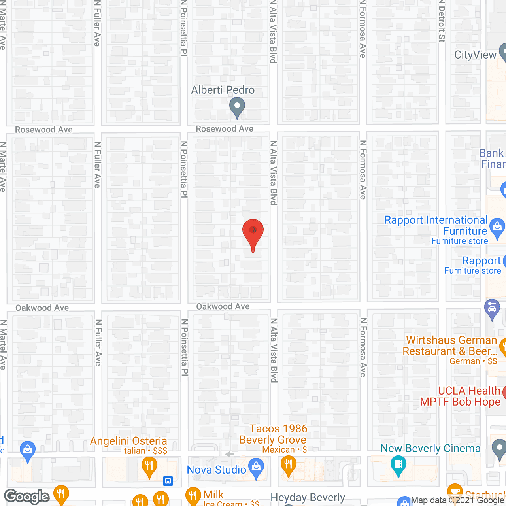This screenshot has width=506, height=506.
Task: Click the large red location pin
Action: [x=253, y=233]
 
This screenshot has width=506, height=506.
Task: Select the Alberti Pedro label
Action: [x=223, y=90]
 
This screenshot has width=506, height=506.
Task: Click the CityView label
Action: [x=475, y=55]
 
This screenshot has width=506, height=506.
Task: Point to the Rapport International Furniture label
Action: [x=436, y=225]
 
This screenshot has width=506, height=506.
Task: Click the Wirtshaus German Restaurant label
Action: [x=451, y=346]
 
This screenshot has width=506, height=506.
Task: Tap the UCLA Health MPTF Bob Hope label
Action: [x=460, y=396]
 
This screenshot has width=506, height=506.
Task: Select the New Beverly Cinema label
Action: [x=430, y=449]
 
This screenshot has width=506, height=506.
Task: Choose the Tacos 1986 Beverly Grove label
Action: [x=274, y=434]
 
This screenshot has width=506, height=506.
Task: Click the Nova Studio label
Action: [x=216, y=470]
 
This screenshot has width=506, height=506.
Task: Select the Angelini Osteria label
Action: [x=128, y=441]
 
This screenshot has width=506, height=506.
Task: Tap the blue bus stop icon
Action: [x=168, y=481]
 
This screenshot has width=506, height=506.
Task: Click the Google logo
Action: [x=26, y=497]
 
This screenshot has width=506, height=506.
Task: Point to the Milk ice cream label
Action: [x=213, y=495]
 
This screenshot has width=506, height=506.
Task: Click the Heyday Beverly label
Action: [x=308, y=497]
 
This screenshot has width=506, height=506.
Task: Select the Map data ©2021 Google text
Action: [x=457, y=500]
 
